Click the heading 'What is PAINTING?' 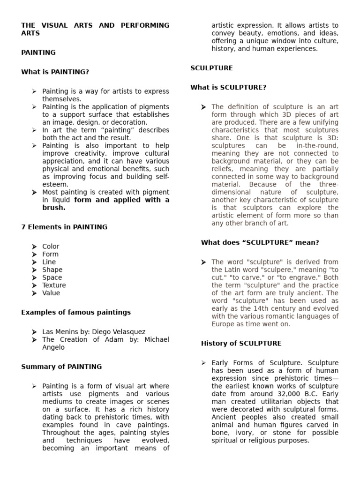coord(55,72)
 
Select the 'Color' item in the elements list coord(51,247)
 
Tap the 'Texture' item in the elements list coord(54,285)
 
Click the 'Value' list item coord(51,293)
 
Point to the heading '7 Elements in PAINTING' coord(64,227)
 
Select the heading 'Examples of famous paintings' coord(76,312)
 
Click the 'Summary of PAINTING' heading coord(61,367)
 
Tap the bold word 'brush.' coord(54,208)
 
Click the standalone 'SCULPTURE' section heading coord(211,68)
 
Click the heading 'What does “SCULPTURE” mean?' coord(260,242)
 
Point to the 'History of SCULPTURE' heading coord(241,343)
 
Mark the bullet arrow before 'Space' coord(34,277)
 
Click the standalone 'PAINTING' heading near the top coord(38,52)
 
